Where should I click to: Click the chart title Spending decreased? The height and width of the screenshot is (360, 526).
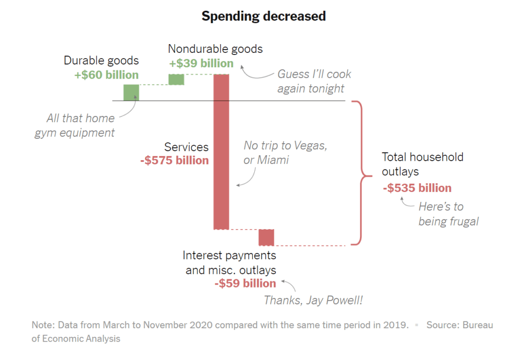point(264,16)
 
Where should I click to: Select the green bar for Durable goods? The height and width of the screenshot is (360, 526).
point(131,92)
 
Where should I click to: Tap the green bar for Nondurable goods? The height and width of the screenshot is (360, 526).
point(176,79)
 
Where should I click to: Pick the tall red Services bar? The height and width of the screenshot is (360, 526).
point(221,151)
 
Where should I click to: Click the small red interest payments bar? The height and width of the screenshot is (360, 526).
point(266,237)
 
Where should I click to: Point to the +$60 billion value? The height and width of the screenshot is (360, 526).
point(106,75)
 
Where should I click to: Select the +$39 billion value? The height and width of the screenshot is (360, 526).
point(201,63)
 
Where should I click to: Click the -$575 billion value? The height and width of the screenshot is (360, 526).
point(175,160)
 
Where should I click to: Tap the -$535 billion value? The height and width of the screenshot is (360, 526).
point(417,188)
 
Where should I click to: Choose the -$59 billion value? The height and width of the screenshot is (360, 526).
point(245,283)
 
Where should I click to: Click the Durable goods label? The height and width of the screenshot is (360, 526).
point(101,61)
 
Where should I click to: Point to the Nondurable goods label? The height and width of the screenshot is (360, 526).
point(215,49)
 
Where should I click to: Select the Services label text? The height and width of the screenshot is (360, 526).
point(186,147)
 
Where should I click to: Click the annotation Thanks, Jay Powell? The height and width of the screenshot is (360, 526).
point(313,300)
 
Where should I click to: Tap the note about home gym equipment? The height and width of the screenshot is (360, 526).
point(75,125)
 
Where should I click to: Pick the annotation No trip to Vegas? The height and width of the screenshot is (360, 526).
point(285,153)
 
